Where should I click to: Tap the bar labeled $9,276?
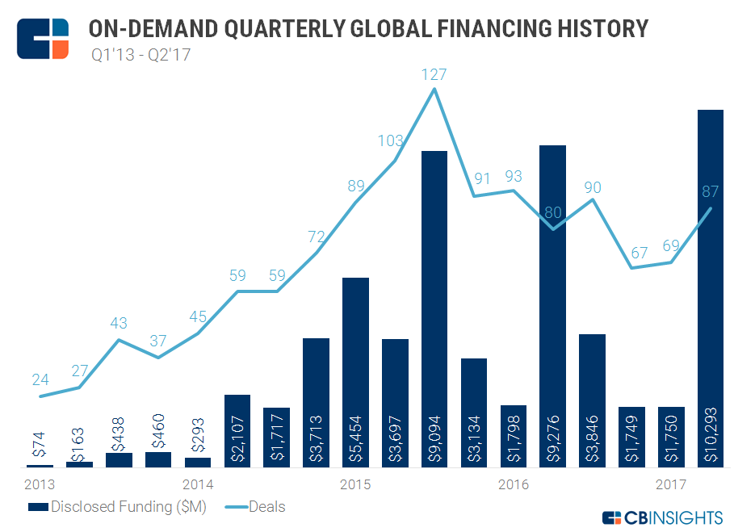tap(552, 306)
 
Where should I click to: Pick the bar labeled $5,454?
tap(355, 372)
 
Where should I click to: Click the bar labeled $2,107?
tap(237, 431)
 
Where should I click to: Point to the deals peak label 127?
tap(434, 74)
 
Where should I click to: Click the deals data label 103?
tap(391, 141)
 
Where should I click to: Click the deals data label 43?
tap(119, 323)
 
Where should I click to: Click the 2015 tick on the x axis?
tap(355, 484)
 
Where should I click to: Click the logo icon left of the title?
tap(43, 36)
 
